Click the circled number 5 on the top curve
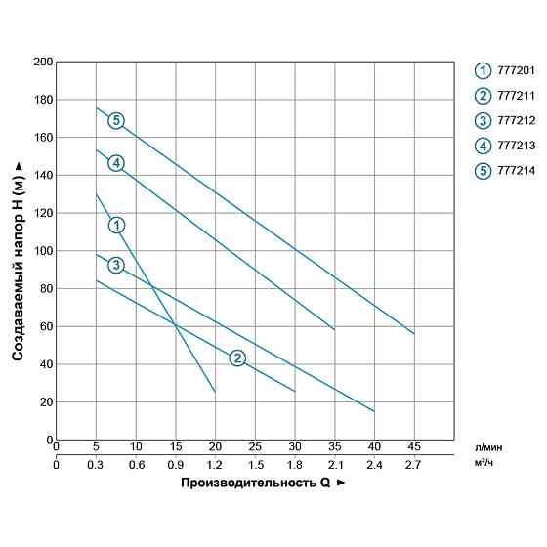click(116, 121)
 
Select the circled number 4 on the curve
click(116, 163)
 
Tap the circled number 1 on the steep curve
click(116, 226)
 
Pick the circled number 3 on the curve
click(116, 266)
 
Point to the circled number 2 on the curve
click(237, 358)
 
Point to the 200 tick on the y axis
click(43, 62)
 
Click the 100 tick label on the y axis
click(43, 251)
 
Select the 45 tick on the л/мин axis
click(414, 448)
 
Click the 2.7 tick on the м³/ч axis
click(414, 464)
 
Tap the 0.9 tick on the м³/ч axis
click(175, 464)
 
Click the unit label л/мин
click(488, 448)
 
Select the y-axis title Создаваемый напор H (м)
click(19, 251)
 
